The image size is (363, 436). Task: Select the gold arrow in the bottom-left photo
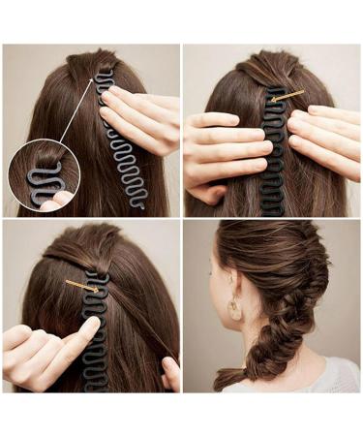[80, 284]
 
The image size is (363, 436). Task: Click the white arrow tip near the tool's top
[96, 77]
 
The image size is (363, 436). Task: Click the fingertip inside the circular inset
[60, 199]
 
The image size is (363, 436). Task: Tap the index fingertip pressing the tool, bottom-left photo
[90, 327]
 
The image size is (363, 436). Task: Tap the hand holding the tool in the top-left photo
[140, 121]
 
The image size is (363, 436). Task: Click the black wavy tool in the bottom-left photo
[97, 339]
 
